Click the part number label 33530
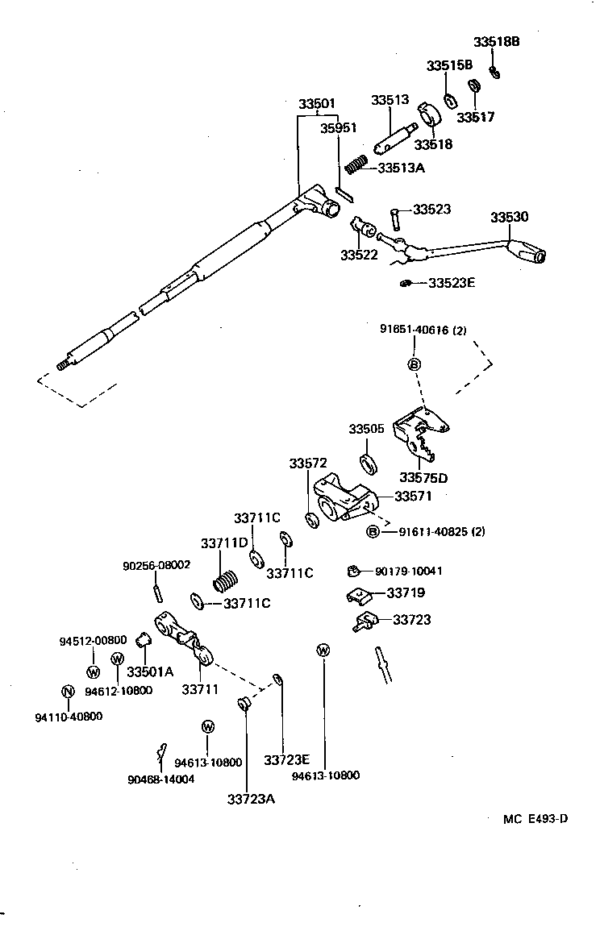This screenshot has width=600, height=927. (x=510, y=217)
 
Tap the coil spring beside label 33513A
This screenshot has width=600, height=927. (x=356, y=165)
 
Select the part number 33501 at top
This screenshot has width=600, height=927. (x=317, y=105)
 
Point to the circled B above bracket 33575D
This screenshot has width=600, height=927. (x=415, y=364)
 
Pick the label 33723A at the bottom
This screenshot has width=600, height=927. (x=251, y=799)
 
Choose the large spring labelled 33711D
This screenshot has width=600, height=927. (x=227, y=582)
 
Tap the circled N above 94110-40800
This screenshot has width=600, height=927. (x=68, y=692)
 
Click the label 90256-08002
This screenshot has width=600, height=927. (x=156, y=565)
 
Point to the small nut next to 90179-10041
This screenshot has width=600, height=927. (x=352, y=572)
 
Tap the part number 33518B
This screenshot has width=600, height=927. (x=497, y=42)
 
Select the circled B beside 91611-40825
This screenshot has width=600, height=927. (x=373, y=531)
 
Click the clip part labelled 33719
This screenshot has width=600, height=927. (x=359, y=596)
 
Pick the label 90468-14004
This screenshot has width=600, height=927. (x=160, y=779)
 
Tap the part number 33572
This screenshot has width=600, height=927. (x=308, y=463)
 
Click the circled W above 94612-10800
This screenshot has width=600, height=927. (x=117, y=659)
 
